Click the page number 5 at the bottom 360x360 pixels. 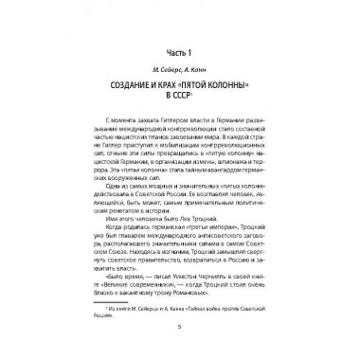pyautogui.click(x=180, y=338)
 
